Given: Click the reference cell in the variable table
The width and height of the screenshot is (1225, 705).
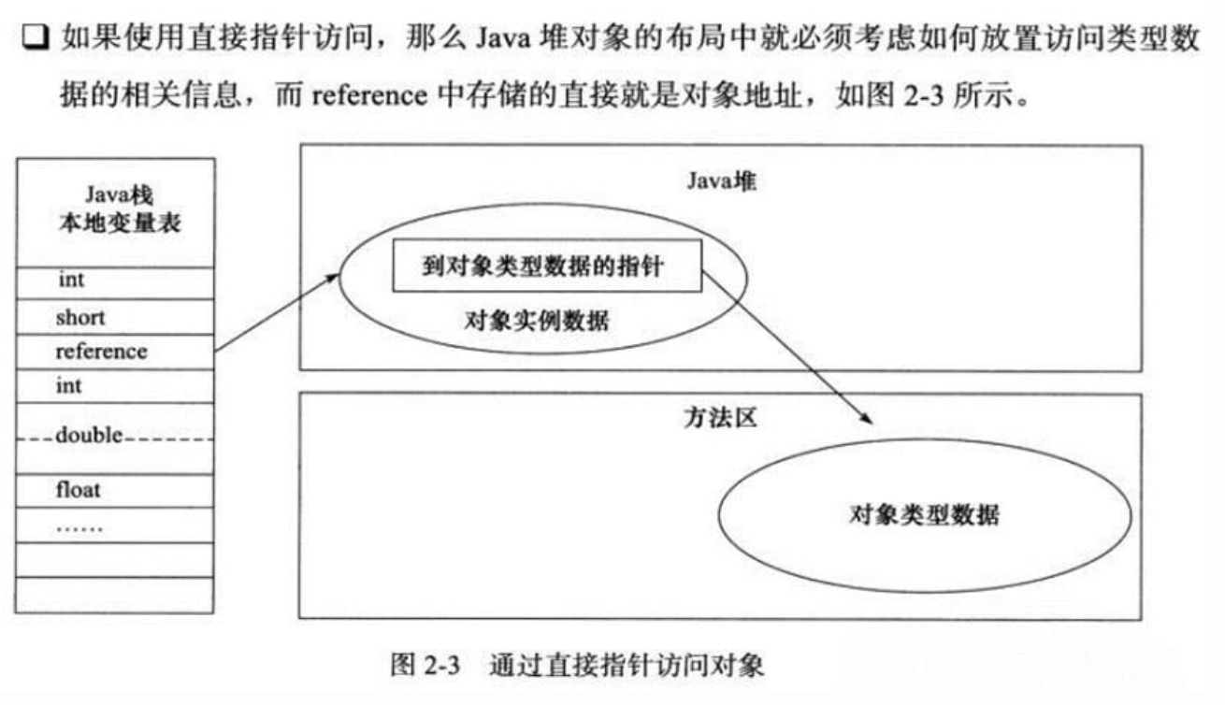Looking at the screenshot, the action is click(102, 352).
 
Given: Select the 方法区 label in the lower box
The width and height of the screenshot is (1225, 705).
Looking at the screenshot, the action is click(719, 418).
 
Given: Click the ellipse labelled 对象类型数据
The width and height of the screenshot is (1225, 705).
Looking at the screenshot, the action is click(924, 515).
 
